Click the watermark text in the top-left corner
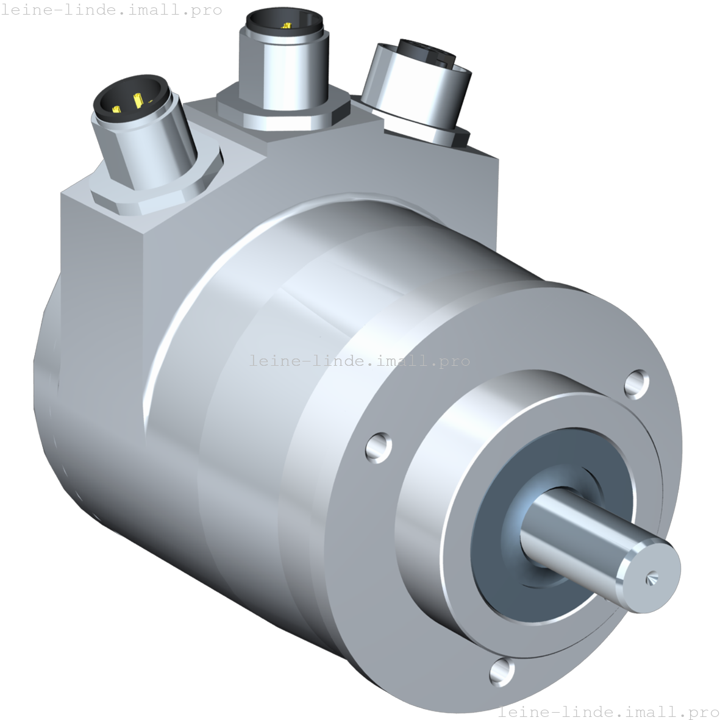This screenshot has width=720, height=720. coord(112,10)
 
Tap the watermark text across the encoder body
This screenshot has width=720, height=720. coord(360,361)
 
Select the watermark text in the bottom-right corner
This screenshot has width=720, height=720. coord(608,711)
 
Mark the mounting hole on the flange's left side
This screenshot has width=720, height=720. coord(379,447)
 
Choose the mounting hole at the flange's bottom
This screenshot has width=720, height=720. coord(502,672)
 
